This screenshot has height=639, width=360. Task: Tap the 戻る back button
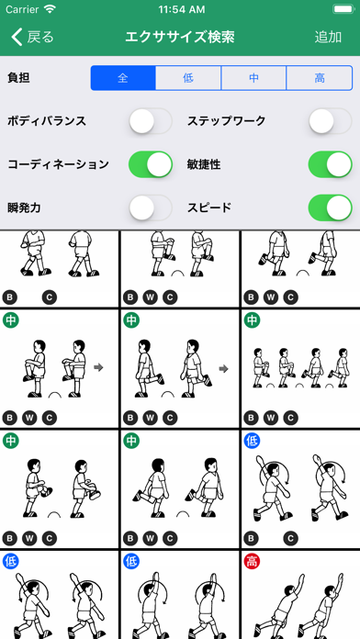pos(33,37)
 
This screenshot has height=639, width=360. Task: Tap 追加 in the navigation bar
pos(328,37)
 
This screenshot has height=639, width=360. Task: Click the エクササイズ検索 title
pos(180,37)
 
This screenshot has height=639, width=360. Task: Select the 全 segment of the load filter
pos(123,78)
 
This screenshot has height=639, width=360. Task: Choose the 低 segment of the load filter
pos(188,78)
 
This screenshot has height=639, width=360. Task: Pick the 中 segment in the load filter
pos(253,78)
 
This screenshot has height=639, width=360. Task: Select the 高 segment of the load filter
pos(320,78)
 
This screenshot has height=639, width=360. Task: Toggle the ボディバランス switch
pos(151,121)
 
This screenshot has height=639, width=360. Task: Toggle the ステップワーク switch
pos(331,121)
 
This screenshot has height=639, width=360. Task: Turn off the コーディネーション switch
pos(151,164)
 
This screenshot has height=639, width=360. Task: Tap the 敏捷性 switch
pos(331,164)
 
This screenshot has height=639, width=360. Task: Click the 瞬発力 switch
pos(151,207)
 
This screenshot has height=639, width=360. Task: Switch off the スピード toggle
pos(331,207)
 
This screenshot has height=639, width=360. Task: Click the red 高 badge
pos(252,561)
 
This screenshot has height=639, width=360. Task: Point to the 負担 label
pos(18,78)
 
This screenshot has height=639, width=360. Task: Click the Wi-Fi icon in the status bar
pos(51,8)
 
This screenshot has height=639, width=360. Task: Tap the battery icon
pos(343,8)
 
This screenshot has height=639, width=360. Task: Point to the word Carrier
pos(22,8)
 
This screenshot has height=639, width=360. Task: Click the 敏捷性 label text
pos(204,164)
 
